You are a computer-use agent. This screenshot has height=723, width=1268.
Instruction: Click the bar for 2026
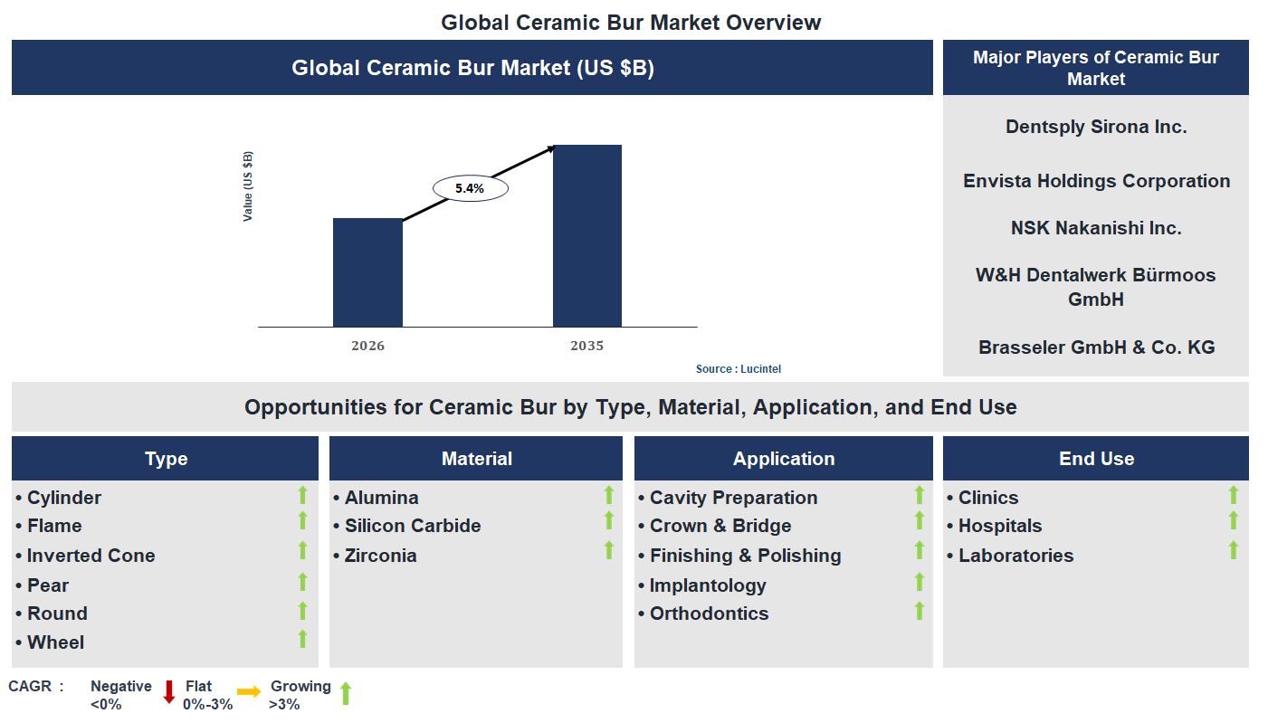click(x=367, y=271)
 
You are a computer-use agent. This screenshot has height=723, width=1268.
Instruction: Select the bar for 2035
click(x=586, y=235)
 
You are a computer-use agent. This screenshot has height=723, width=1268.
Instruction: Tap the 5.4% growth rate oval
click(x=470, y=188)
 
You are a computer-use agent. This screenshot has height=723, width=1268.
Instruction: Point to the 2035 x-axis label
click(x=586, y=346)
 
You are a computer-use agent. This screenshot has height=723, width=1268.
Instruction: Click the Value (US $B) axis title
click(x=248, y=186)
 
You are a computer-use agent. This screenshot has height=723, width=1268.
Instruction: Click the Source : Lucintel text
click(x=738, y=369)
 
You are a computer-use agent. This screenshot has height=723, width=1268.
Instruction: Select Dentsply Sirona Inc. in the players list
click(x=1095, y=127)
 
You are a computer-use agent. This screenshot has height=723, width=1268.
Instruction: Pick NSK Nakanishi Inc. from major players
click(x=1095, y=228)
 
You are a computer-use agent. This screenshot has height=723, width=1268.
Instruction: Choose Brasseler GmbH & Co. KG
click(x=1095, y=347)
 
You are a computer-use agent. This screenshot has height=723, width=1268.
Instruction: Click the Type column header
click(x=166, y=459)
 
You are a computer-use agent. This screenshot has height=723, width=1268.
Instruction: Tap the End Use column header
click(x=1095, y=459)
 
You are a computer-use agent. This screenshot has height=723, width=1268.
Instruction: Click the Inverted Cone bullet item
click(x=91, y=556)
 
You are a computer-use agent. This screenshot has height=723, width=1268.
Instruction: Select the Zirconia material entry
click(x=380, y=556)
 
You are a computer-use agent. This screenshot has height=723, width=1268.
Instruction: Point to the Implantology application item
click(x=708, y=585)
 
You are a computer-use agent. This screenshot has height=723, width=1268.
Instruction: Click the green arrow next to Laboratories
click(x=1233, y=550)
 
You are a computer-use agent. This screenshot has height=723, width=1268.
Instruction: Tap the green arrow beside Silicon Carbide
click(x=609, y=520)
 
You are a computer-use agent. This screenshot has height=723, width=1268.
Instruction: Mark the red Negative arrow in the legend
click(x=168, y=692)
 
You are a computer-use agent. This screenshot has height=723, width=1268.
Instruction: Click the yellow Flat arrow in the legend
click(x=249, y=691)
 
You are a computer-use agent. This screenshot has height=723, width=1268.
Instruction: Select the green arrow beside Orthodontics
click(x=919, y=611)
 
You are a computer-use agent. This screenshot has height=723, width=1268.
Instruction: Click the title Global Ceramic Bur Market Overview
click(x=631, y=23)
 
